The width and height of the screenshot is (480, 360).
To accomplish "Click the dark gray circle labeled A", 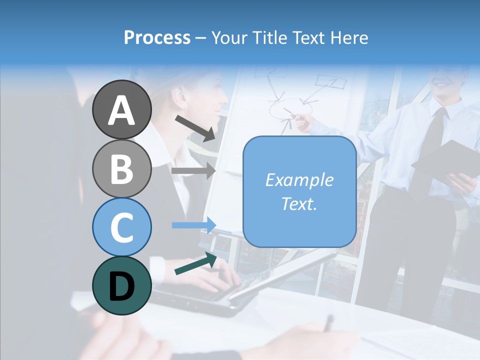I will (x=121, y=109).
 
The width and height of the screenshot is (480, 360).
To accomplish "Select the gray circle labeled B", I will (x=121, y=168).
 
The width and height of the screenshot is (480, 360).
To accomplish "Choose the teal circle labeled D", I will (x=121, y=285).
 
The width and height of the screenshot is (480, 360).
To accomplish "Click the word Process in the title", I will (x=157, y=37).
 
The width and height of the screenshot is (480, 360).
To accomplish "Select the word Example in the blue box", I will (x=299, y=180).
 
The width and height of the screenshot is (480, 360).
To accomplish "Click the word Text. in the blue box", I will (x=299, y=203).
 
